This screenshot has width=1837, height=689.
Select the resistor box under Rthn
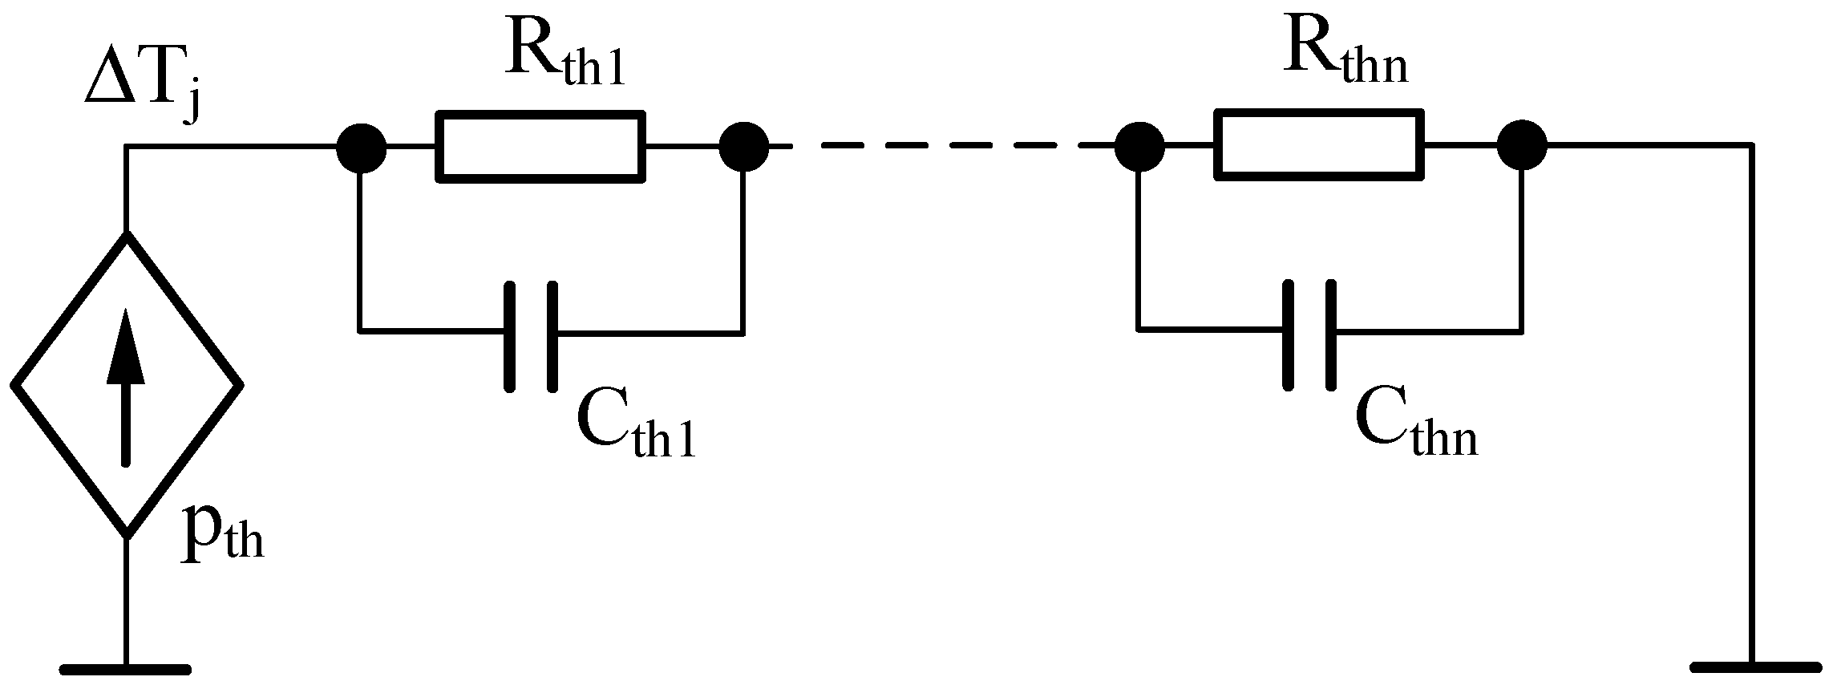tap(1320, 146)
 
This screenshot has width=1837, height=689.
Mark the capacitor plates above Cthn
tap(1309, 335)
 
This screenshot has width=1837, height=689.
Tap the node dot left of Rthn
tap(1139, 146)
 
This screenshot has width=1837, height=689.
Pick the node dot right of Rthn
tap(1522, 146)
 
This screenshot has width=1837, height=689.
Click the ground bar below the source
tap(126, 667)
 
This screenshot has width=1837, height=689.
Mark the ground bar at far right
tap(1751, 667)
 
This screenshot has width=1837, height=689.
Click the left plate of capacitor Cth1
tap(510, 336)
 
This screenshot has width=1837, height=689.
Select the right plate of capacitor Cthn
tap(1331, 335)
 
